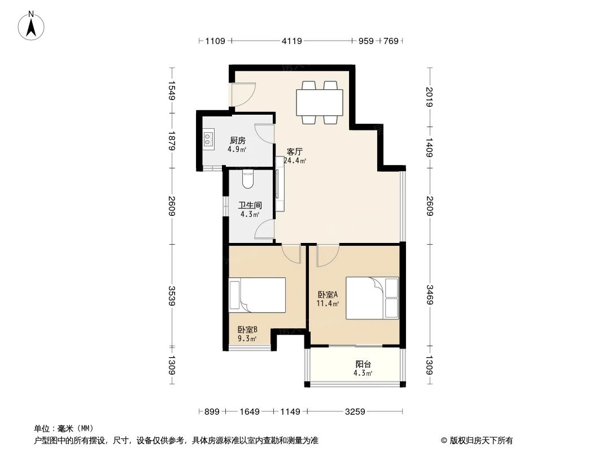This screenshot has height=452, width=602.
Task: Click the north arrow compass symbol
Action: click(32, 26)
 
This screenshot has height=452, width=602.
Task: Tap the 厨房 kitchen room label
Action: click(238, 141)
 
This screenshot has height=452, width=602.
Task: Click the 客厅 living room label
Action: click(295, 151)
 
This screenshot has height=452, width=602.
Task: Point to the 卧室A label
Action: click(328, 294)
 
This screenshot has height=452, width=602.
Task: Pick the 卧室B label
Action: click(247, 330)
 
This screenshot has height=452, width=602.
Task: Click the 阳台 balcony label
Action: click(363, 364)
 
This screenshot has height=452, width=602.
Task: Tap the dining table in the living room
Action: click(320, 102)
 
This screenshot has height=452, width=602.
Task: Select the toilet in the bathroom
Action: click(247, 180)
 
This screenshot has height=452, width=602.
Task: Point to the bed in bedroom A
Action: click(372, 298)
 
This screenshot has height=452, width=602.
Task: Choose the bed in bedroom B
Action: click(257, 294)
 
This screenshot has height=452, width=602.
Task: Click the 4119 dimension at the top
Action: click(292, 41)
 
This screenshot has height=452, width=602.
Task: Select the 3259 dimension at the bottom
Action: click(355, 412)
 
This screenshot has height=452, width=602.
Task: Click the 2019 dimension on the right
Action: click(430, 96)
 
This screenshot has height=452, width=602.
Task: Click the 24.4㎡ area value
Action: click(295, 160)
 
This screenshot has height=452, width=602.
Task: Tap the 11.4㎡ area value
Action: click(328, 303)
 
